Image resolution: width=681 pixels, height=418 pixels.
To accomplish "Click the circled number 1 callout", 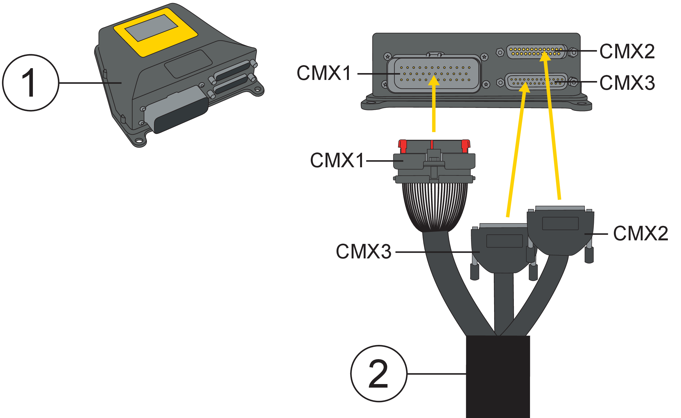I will point(30,83).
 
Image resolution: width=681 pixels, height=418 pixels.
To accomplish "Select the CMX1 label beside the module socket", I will point(324,73).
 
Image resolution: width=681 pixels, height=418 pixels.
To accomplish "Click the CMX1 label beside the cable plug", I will point(337,160).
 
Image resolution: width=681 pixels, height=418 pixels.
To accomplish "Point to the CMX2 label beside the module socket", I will point(627,51).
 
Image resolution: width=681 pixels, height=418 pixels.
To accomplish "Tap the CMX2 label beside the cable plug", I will point(641,233).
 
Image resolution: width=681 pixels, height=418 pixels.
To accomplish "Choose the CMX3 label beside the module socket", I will point(627,83).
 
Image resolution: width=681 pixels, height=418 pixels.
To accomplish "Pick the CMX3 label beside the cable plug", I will point(364,252).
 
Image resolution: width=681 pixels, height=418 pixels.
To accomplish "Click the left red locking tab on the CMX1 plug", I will point(403,146).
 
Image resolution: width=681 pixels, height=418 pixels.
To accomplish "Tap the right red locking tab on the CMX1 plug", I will point(465,146).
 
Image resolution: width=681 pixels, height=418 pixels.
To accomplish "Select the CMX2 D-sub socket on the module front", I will point(536,52).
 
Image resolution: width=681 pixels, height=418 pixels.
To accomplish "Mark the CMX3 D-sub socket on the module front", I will point(536,82).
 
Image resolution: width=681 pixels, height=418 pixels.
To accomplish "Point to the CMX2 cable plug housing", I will point(560,232).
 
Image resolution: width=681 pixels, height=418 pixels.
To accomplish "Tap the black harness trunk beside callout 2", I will point(498,376).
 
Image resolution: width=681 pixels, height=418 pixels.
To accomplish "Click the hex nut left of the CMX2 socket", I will point(500,52).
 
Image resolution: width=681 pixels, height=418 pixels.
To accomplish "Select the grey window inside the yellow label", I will point(151,28).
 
